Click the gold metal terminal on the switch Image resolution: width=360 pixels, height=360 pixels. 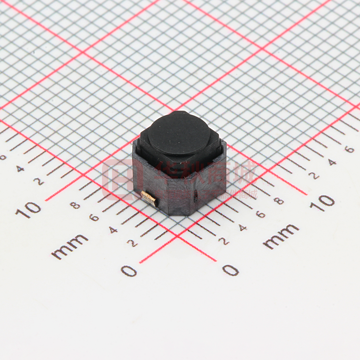[x=149, y=198]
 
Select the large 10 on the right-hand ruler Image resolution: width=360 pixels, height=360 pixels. [x=323, y=202]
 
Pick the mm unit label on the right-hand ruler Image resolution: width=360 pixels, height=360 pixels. [x=281, y=236]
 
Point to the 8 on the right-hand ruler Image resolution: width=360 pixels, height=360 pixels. [x=278, y=201]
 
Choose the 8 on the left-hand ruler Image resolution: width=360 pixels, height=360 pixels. [x=75, y=205]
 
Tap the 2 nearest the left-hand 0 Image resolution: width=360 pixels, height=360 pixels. [x=133, y=243]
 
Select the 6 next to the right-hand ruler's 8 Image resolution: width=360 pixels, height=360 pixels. [x=261, y=214]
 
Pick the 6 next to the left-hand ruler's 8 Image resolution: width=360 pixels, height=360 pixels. [x=94, y=217]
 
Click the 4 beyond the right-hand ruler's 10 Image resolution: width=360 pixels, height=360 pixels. [x=332, y=162]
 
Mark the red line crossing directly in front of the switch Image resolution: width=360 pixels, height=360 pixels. [x=178, y=235]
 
